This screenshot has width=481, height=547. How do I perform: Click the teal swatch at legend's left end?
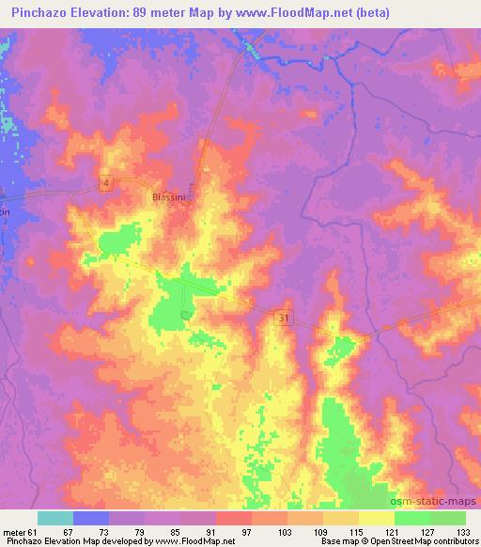(55, 518)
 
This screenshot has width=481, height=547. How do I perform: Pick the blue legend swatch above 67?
(91, 518)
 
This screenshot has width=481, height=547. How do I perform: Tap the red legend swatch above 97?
(234, 518)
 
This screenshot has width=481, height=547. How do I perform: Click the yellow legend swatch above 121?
(377, 518)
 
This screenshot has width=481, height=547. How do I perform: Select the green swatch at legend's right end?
(448, 518)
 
